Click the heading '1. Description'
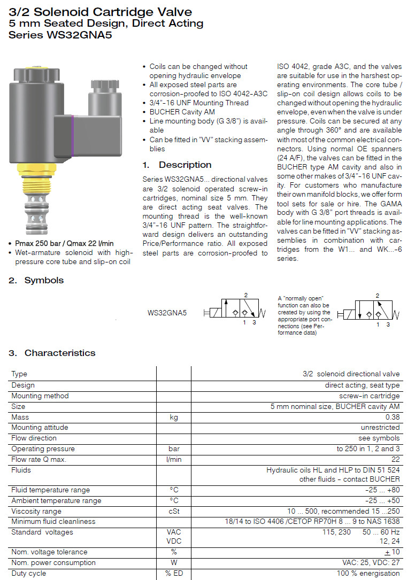177,165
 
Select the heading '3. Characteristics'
52,353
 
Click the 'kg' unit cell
173,417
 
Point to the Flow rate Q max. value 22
395,460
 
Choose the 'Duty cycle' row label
29,574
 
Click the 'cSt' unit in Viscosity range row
173,511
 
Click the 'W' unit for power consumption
173,563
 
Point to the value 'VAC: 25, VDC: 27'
371,563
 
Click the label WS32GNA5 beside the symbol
167,313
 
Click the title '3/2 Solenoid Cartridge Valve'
101,11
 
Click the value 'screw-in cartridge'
369,396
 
